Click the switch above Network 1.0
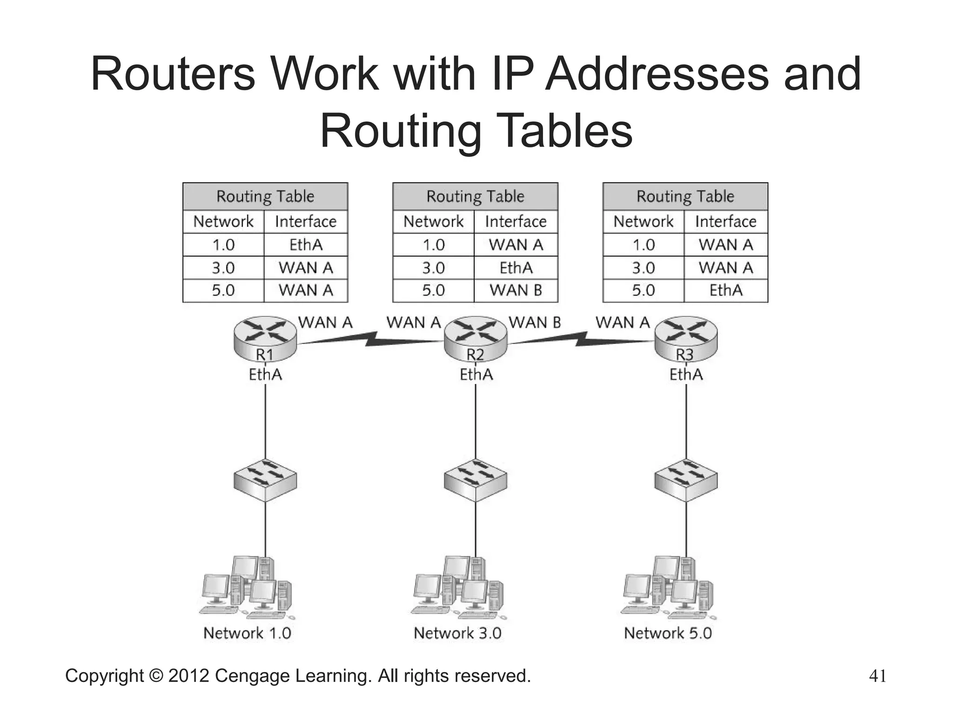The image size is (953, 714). click(x=265, y=480)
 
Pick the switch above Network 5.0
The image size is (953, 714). click(x=686, y=480)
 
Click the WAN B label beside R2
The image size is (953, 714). click(x=535, y=322)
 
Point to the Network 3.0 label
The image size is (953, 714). click(x=457, y=633)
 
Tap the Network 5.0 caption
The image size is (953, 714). click(x=668, y=633)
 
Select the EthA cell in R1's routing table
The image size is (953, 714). click(x=306, y=245)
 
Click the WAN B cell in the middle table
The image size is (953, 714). click(x=516, y=291)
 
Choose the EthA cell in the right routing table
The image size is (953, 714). click(x=726, y=291)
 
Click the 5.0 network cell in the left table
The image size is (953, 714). click(x=223, y=291)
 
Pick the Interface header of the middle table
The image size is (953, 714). click(x=516, y=221)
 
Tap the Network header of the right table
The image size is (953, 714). click(x=644, y=221)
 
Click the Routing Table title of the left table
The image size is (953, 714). click(x=265, y=196)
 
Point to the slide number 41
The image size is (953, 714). click(x=878, y=676)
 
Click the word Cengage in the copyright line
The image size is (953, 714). click(x=253, y=676)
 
